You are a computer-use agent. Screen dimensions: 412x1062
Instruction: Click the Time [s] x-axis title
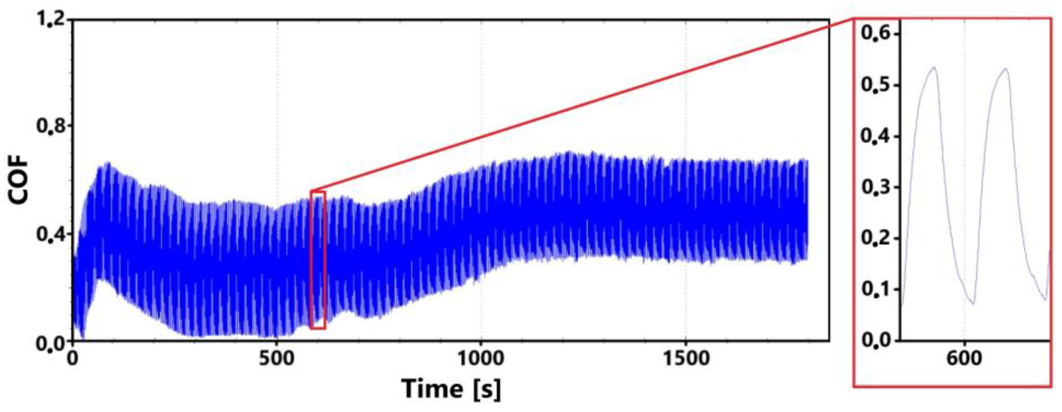tap(452, 389)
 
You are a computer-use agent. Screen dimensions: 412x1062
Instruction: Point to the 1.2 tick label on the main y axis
tap(50, 19)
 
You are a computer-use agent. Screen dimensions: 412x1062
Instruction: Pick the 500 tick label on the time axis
tap(277, 359)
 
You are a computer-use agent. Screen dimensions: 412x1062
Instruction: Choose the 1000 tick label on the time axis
tap(481, 359)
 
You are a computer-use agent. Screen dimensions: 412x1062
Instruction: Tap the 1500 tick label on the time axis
tap(685, 359)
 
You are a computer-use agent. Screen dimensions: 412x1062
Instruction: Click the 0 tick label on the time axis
tap(73, 359)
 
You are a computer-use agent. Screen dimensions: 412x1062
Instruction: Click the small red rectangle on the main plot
tap(318, 259)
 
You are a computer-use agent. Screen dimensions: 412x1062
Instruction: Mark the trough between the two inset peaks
tap(973, 304)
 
